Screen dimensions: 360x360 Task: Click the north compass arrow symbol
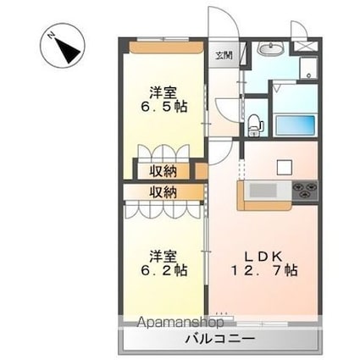[x=62, y=48]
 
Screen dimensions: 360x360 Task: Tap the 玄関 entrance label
[x=222, y=56]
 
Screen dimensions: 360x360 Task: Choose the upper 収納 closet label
[x=163, y=171]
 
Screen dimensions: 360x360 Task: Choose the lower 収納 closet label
[x=163, y=192]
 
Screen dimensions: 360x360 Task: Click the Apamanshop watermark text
[x=181, y=322]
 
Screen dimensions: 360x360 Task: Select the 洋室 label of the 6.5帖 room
[x=164, y=91]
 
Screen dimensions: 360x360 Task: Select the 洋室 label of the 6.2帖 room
[x=164, y=254]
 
